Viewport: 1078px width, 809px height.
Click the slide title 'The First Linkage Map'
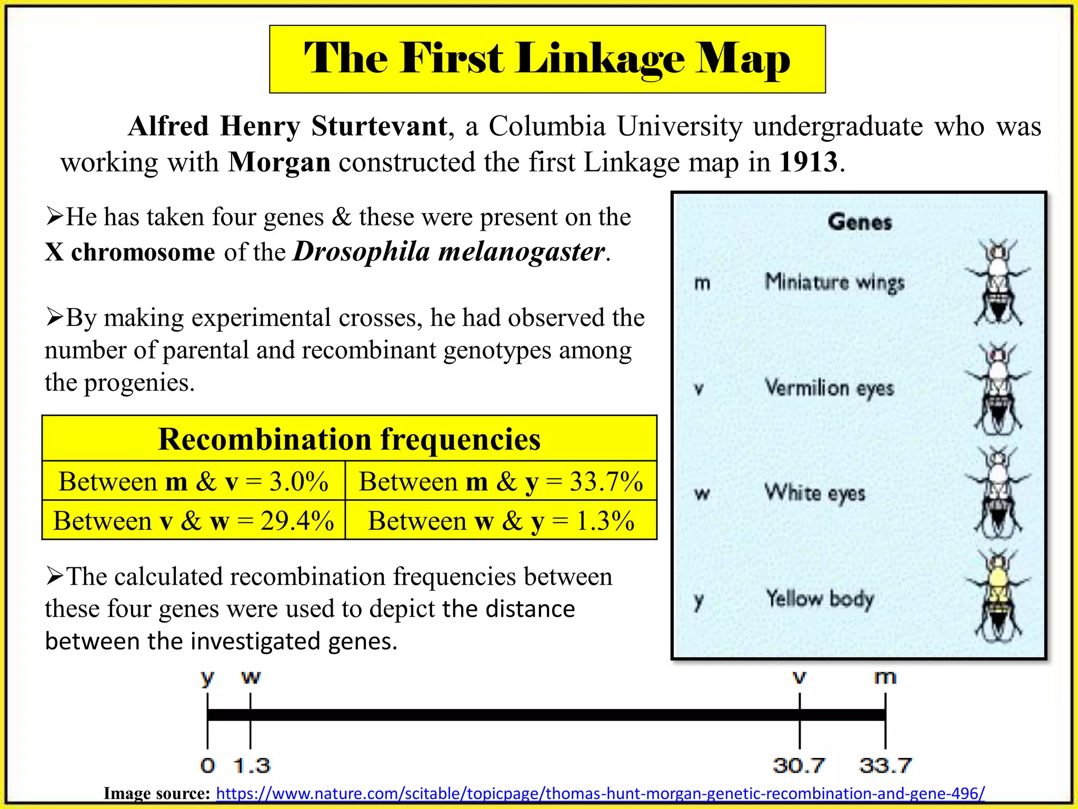[547, 58]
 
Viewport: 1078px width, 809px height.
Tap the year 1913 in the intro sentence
[808, 162]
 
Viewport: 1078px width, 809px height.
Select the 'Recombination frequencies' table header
[349, 439]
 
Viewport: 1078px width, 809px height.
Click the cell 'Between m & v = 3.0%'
[193, 481]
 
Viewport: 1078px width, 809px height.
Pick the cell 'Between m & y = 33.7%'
[501, 481]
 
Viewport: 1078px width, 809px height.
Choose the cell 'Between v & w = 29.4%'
[193, 521]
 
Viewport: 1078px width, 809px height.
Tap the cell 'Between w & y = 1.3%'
[501, 521]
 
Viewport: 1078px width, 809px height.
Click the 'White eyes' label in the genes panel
[815, 493]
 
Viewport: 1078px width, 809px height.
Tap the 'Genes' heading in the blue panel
[860, 222]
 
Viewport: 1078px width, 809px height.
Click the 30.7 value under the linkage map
[798, 765]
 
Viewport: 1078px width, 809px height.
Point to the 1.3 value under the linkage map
[252, 765]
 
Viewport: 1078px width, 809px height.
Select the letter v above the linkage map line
[800, 677]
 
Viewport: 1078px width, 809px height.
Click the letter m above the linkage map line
[885, 677]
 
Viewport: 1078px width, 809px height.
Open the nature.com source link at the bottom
[600, 793]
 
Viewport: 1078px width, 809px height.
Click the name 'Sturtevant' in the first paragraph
[379, 126]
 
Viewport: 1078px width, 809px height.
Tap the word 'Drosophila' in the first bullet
[362, 252]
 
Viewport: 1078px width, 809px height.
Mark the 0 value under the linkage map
[207, 765]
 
